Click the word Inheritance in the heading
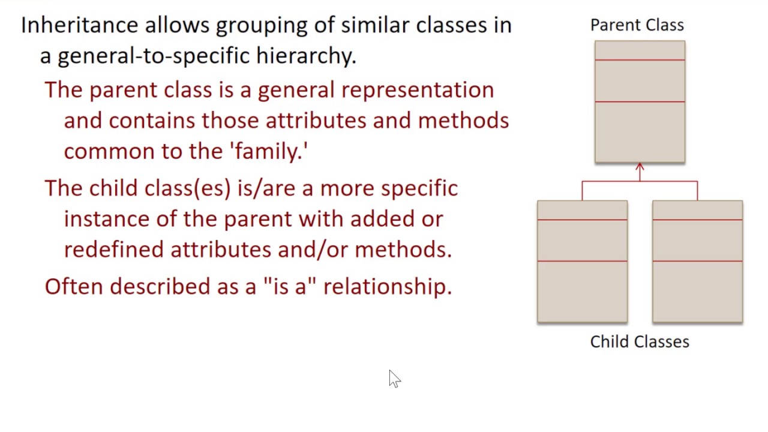(80, 25)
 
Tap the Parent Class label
(637, 25)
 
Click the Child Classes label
(640, 341)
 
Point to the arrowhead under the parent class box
(640, 167)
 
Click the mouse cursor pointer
(394, 379)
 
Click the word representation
(418, 90)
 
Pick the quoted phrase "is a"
(289, 286)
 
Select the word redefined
(113, 249)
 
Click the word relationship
(388, 286)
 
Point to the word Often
(74, 286)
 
